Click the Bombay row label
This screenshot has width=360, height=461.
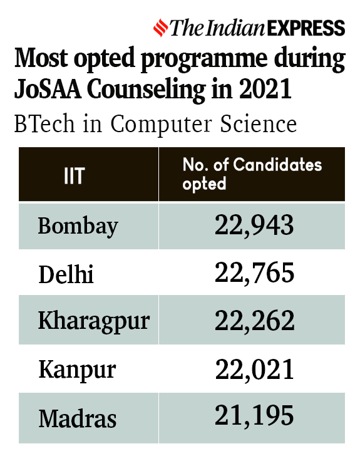point(78,225)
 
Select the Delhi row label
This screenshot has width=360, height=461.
point(66,274)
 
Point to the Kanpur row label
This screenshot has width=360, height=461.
point(77,370)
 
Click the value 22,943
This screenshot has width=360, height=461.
point(254,225)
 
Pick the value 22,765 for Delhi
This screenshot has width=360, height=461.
point(254,273)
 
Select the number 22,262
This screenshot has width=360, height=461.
point(254,321)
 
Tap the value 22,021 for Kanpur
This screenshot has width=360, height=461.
point(254,369)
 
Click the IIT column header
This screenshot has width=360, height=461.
point(73,175)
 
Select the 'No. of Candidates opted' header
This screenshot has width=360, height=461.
point(252,174)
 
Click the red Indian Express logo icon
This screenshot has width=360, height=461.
point(162,28)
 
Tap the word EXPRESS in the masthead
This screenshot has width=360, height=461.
point(306,28)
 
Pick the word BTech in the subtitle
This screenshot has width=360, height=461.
point(39,124)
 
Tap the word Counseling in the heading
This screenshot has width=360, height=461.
point(148,90)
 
